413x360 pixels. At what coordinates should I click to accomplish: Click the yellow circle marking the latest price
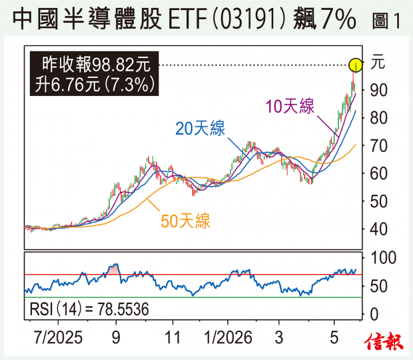pyautogui.click(x=356, y=65)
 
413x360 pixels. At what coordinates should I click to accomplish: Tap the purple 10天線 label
pyautogui.click(x=290, y=106)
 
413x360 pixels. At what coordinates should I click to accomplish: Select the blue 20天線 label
pyautogui.click(x=201, y=129)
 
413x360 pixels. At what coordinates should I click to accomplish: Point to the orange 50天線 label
pyautogui.click(x=185, y=221)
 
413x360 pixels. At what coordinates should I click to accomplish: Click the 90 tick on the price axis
pyautogui.click(x=379, y=91)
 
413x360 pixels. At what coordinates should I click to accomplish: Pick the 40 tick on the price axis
pyautogui.click(x=379, y=229)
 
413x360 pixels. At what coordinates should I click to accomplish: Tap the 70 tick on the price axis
pyautogui.click(x=379, y=146)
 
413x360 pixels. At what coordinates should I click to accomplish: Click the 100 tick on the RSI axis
pyautogui.click(x=383, y=258)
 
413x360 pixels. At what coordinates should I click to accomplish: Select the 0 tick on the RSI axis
pyautogui.click(x=374, y=315)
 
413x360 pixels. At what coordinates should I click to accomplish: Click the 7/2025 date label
pyautogui.click(x=58, y=337)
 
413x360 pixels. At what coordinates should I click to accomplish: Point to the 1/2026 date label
pyautogui.click(x=228, y=337)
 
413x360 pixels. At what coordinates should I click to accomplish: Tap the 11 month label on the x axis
pyautogui.click(x=173, y=337)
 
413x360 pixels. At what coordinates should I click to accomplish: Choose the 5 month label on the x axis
pyautogui.click(x=334, y=337)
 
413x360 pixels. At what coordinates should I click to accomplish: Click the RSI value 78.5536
pyautogui.click(x=123, y=309)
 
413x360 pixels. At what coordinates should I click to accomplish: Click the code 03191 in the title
pyautogui.click(x=248, y=19)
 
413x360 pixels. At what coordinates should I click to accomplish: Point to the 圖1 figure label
pyautogui.click(x=386, y=21)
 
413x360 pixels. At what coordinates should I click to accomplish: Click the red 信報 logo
pyautogui.click(x=384, y=342)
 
